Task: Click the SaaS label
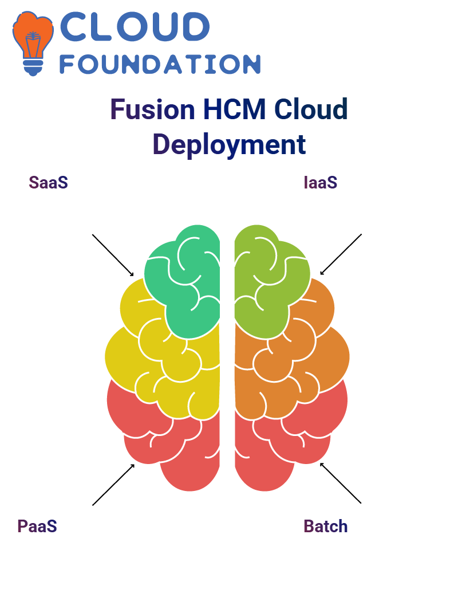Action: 49,183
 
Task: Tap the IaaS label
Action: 321,183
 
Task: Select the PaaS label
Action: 37,526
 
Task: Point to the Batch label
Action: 326,526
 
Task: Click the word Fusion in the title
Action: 152,109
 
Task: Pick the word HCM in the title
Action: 235,109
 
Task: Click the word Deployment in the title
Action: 229,144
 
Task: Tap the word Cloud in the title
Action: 311,109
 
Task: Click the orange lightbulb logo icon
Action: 33,43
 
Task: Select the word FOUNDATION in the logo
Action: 160,64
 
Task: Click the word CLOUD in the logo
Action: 135,26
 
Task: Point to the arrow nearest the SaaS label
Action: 113,256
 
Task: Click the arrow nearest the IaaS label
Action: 341,254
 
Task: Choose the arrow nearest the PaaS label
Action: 113,485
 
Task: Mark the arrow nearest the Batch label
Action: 341,483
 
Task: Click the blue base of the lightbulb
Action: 33,68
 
